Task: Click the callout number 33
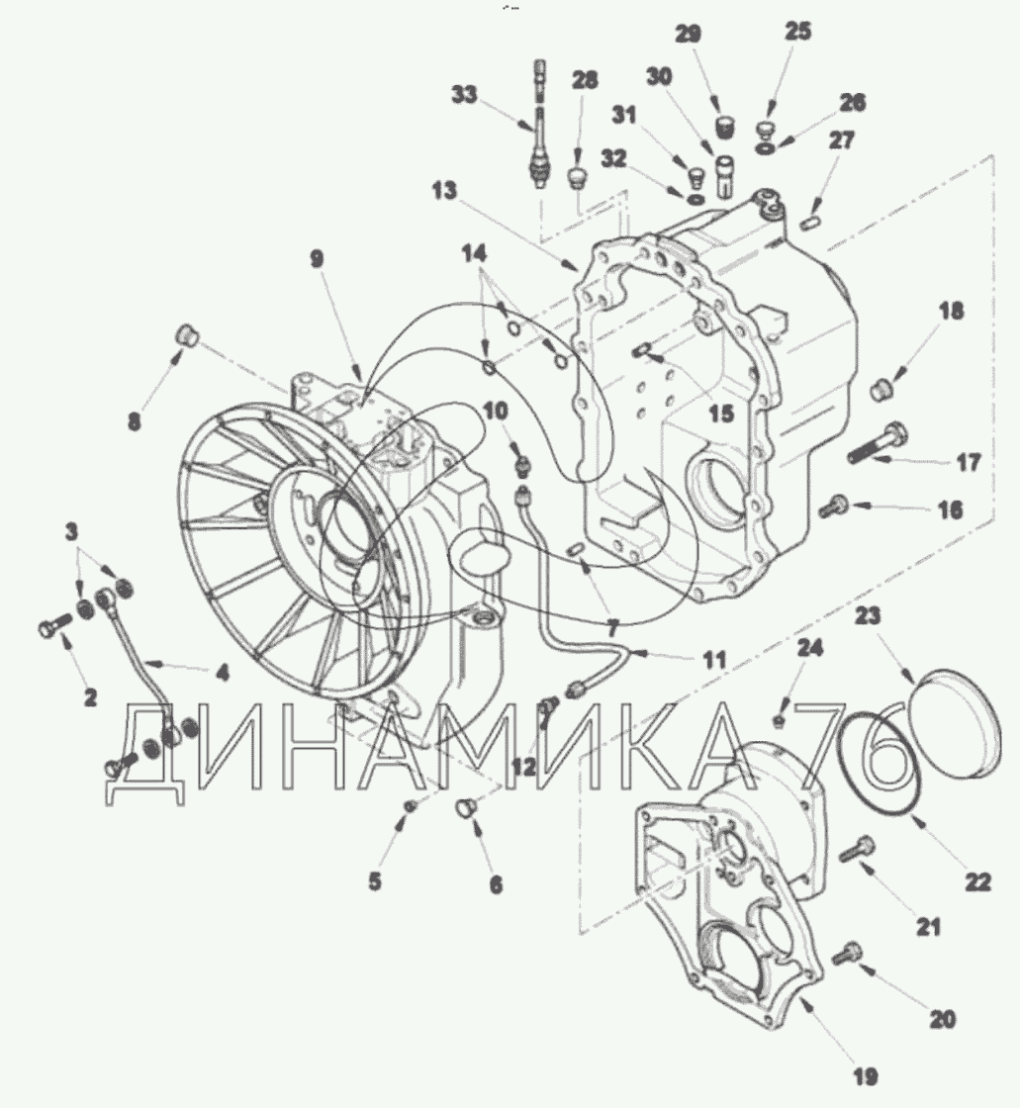(x=464, y=95)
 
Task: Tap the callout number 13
(x=444, y=191)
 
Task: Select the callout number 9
(x=318, y=258)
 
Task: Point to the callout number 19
(x=866, y=1077)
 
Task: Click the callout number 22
(x=978, y=881)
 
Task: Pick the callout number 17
(x=968, y=463)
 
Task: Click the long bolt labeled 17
(x=878, y=443)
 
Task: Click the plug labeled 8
(x=186, y=333)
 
